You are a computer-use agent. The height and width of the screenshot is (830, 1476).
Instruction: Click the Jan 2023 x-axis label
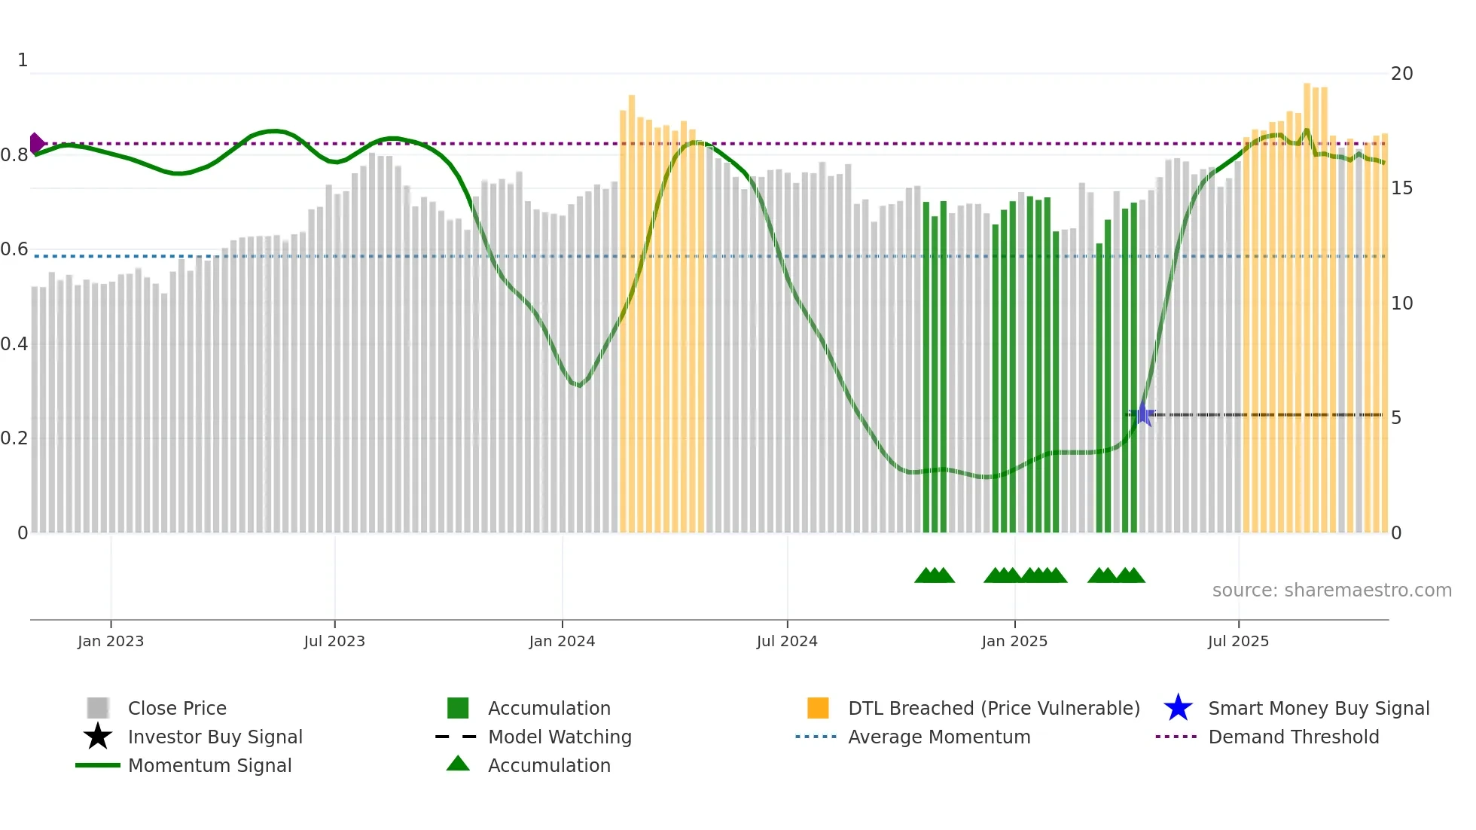(111, 641)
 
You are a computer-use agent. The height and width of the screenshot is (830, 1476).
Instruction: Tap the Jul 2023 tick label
(334, 641)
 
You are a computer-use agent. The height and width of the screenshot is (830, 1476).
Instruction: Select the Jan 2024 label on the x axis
(562, 641)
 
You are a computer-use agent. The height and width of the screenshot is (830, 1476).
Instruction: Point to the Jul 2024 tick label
(787, 641)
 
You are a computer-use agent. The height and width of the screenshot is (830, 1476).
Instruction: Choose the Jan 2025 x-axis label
(1014, 641)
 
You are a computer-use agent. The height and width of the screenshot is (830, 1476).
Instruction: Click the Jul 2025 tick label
(1238, 641)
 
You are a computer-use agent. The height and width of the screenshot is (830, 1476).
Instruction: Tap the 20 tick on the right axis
(1401, 74)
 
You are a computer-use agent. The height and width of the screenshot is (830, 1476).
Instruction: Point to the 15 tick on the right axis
(1401, 188)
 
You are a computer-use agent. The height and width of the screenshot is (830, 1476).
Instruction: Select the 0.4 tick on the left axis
(14, 344)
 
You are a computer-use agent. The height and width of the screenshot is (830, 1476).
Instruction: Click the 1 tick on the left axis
(23, 60)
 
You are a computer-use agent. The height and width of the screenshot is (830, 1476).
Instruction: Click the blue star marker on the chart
(1143, 414)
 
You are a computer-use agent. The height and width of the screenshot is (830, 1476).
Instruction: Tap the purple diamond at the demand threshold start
(36, 143)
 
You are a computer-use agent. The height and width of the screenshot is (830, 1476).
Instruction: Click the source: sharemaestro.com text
(1331, 590)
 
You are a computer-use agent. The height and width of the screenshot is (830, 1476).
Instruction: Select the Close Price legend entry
(177, 708)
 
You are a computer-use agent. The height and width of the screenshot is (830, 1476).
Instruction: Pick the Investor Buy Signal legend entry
(215, 737)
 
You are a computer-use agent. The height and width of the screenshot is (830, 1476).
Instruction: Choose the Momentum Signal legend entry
(209, 765)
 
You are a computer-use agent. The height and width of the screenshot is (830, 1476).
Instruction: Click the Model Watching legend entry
(560, 737)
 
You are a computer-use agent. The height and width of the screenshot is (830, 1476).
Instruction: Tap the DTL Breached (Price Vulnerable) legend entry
(993, 708)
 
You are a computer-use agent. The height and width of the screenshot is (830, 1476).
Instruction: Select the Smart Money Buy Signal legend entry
(1319, 708)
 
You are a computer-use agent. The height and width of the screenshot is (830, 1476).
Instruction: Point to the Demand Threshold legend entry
(1293, 737)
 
